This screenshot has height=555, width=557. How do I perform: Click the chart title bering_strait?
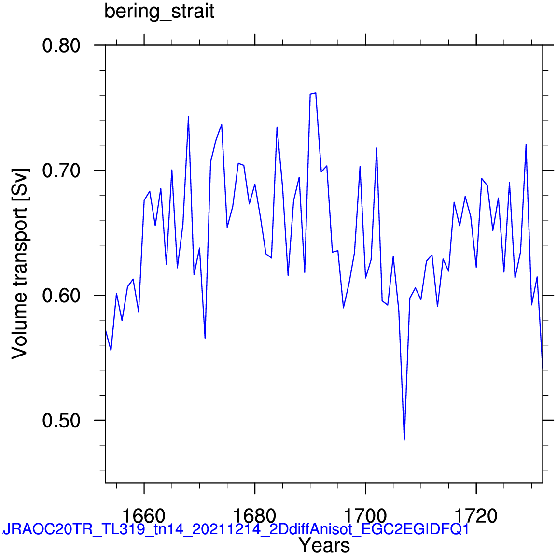tap(159, 12)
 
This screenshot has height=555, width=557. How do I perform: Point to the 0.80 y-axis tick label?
tap(61, 46)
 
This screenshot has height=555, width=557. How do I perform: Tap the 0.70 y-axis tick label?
tap(61, 171)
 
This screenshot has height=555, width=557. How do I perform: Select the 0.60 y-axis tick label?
tap(61, 296)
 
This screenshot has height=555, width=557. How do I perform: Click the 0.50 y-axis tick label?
tap(61, 421)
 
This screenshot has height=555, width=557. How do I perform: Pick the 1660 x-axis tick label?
tap(144, 516)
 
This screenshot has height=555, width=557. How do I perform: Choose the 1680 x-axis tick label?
tap(255, 516)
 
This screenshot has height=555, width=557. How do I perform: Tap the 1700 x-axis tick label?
tap(365, 516)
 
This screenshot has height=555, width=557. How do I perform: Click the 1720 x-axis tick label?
tap(476, 516)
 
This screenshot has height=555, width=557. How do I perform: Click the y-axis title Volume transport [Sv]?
tap(19, 263)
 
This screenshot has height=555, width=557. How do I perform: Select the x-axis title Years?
tap(324, 545)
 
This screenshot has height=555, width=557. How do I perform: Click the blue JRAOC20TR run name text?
tap(236, 529)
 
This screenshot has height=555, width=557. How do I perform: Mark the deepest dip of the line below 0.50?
tap(404, 440)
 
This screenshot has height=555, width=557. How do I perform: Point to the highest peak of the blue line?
tap(315, 93)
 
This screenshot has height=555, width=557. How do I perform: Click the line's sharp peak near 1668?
tap(188, 116)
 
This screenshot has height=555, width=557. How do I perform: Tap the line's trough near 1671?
tap(205, 338)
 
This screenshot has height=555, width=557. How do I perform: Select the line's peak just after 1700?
tap(376, 148)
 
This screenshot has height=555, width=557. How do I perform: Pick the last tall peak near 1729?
tap(526, 144)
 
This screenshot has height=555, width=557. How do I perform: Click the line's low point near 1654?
tap(111, 350)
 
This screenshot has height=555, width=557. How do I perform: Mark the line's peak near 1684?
tap(277, 127)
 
